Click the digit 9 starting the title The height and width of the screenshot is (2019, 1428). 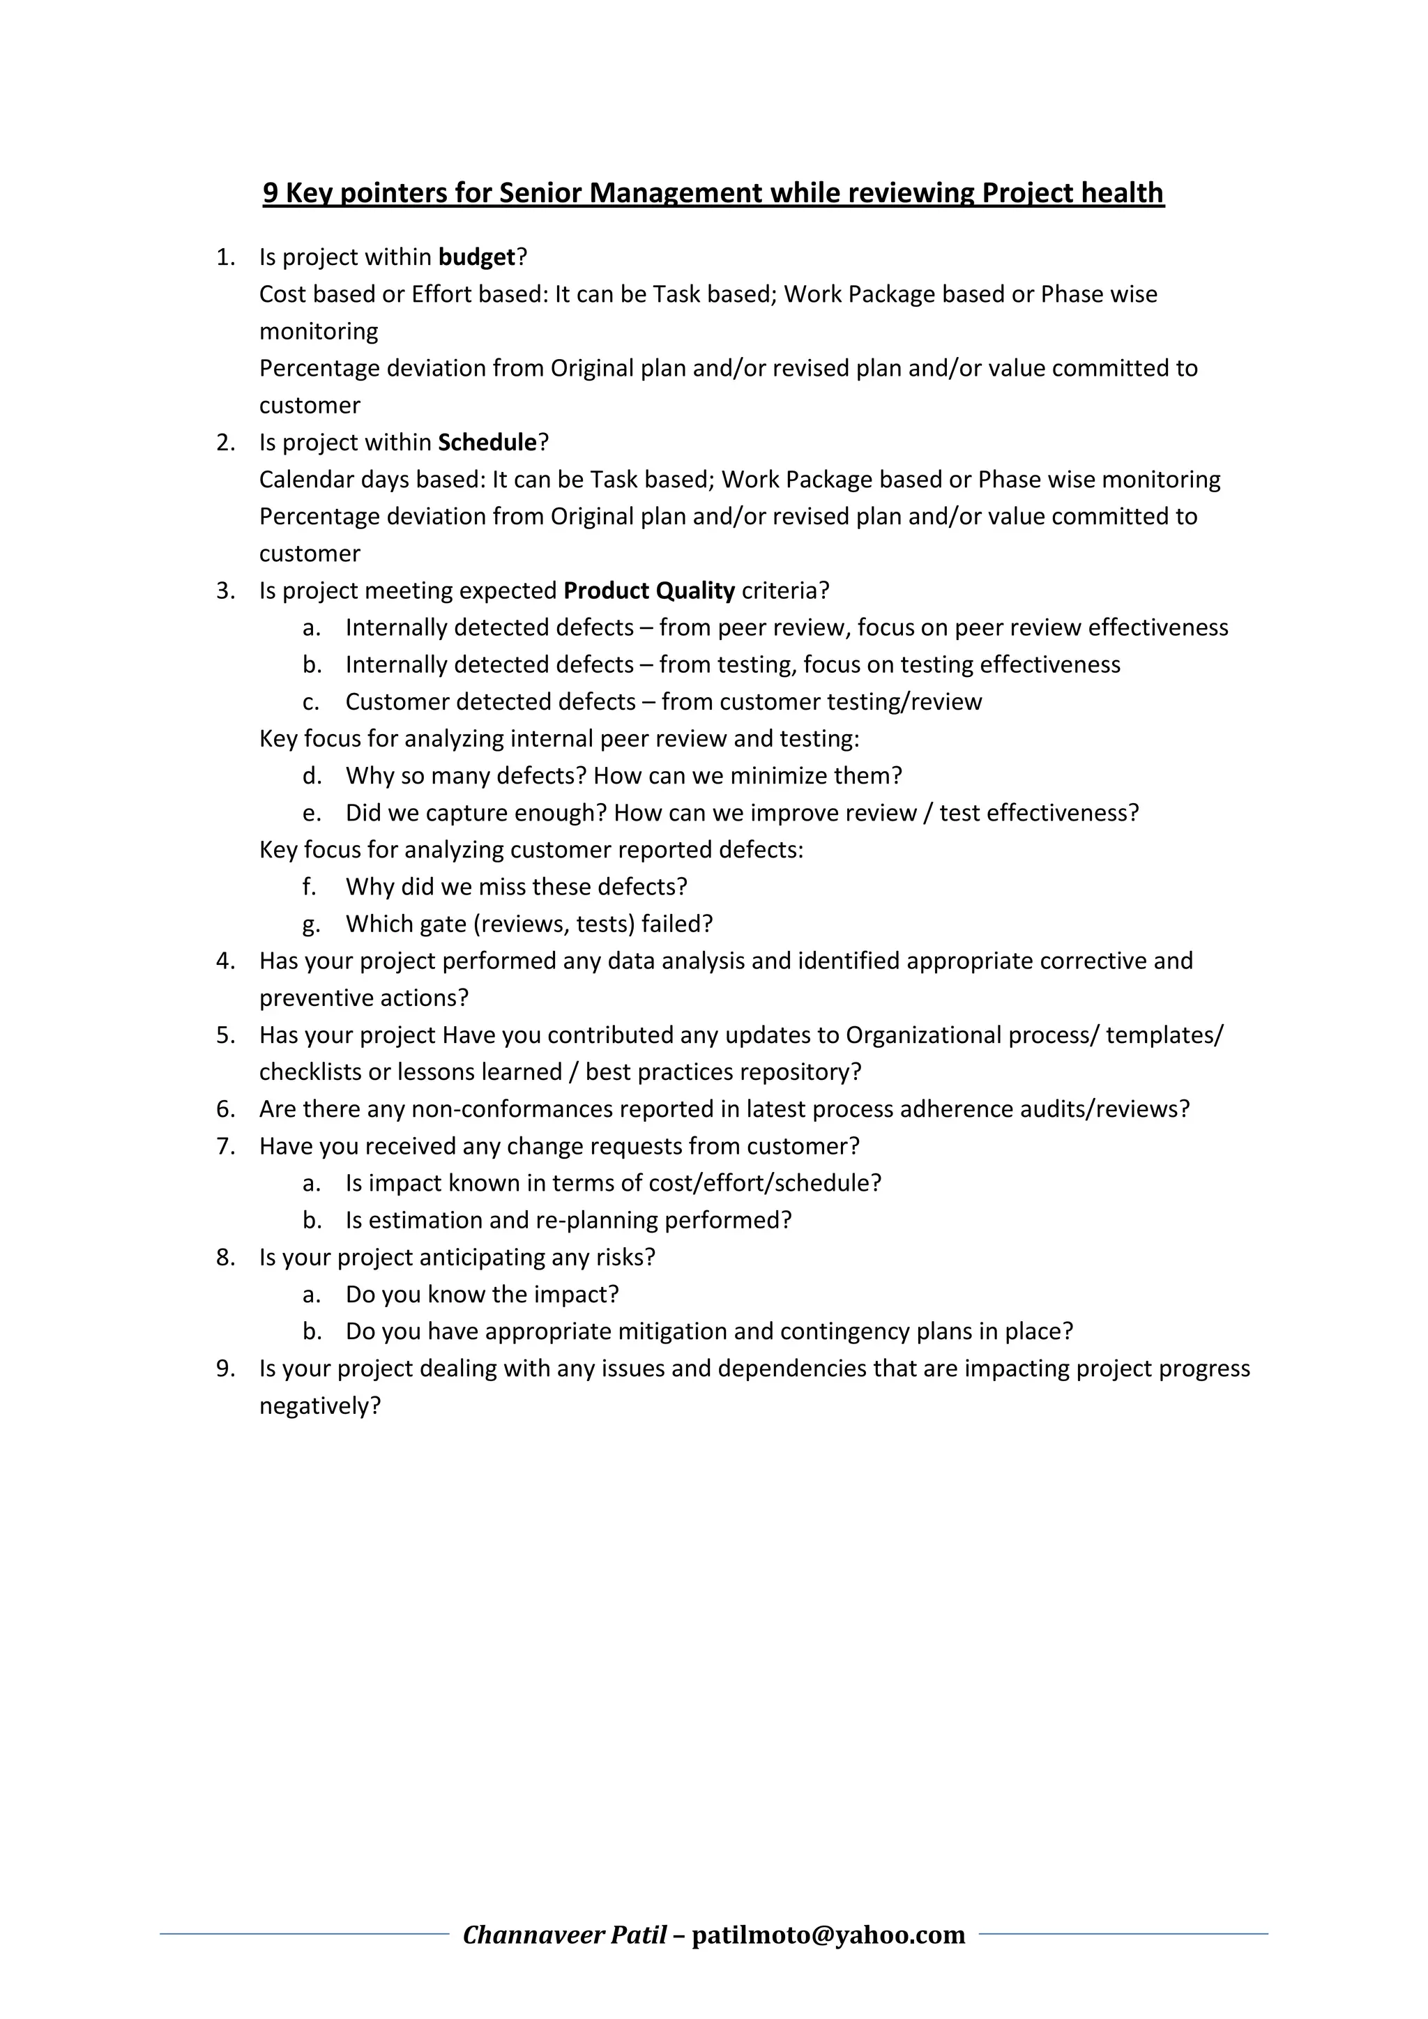coord(271,192)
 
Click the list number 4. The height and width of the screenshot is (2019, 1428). coord(225,961)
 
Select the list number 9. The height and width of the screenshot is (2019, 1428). coord(225,1369)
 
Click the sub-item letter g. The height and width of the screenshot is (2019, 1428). coord(310,924)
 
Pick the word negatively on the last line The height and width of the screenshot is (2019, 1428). coord(319,1406)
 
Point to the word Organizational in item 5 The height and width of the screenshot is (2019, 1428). coord(923,1036)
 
